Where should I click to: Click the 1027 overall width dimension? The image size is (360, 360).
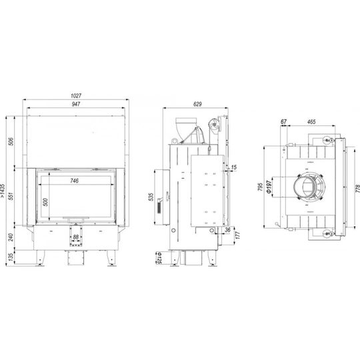pyautogui.click(x=76, y=95)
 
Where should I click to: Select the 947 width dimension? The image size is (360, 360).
pyautogui.click(x=76, y=104)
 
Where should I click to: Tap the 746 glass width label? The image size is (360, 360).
pyautogui.click(x=75, y=181)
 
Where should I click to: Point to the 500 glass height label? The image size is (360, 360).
pyautogui.click(x=46, y=202)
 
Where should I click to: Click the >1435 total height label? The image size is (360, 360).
pyautogui.click(x=3, y=191)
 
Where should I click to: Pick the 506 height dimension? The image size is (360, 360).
pyautogui.click(x=11, y=141)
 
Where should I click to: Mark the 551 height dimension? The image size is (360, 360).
pyautogui.click(x=11, y=196)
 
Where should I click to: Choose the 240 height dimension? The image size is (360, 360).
pyautogui.click(x=11, y=237)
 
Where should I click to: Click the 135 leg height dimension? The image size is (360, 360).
pyautogui.click(x=11, y=257)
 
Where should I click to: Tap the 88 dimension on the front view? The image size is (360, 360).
pyautogui.click(x=75, y=237)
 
